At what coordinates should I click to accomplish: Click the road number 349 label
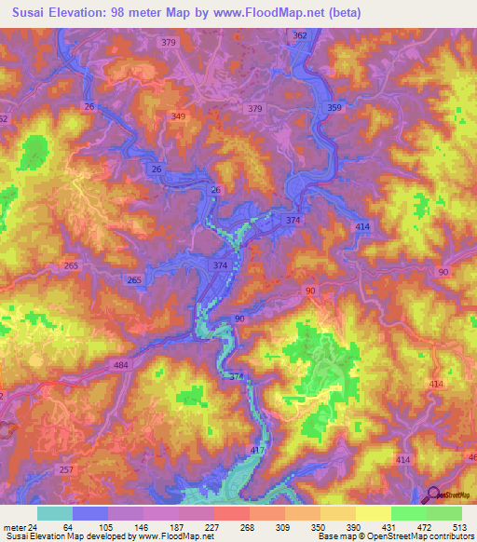[x=179, y=115]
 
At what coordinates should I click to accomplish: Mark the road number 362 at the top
[x=299, y=35]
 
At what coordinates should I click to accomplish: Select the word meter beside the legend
[x=13, y=526]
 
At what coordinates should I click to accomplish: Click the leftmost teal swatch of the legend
[x=54, y=513]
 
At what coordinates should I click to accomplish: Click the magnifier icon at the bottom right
[x=434, y=496]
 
